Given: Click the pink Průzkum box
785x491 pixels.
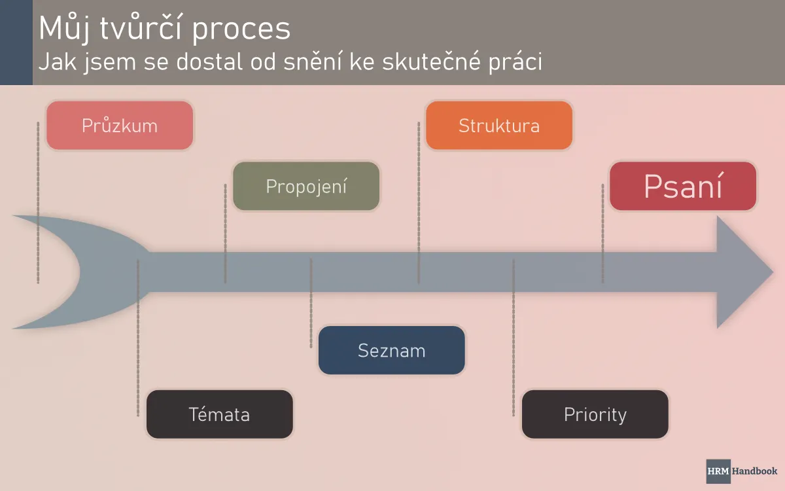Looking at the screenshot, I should point(120,125).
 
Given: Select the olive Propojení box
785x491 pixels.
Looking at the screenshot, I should point(306,186).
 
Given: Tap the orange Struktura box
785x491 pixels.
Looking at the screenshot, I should point(499,125).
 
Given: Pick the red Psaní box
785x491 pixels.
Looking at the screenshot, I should point(683,186).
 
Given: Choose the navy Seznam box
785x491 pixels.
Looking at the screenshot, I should point(391,350).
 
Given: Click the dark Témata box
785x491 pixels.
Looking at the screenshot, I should point(219,414).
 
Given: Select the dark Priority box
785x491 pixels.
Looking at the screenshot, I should point(595,414).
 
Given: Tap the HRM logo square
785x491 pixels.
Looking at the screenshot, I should point(718,471).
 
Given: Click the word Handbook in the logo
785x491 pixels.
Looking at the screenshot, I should point(754,471).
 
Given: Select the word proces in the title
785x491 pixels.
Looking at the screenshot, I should point(246,28).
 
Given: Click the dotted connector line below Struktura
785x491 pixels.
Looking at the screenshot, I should point(419,203).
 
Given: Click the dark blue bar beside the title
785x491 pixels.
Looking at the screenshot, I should point(16,42).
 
